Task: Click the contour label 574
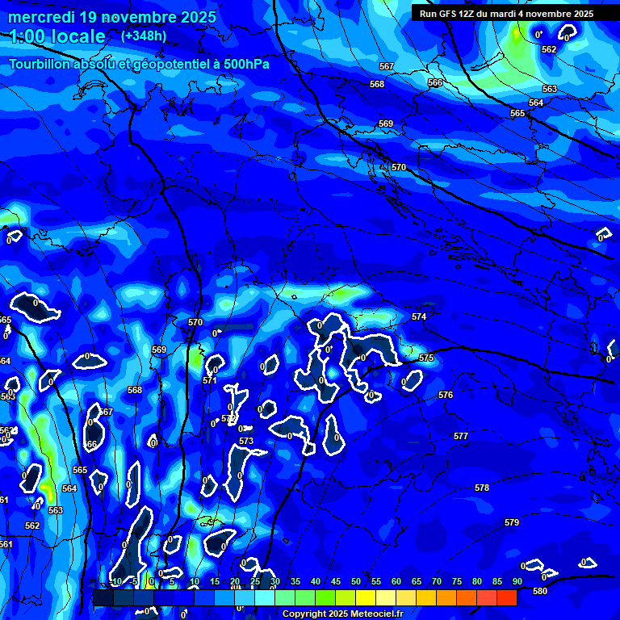tap(418, 317)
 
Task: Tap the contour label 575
tap(426, 358)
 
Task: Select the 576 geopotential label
tap(446, 395)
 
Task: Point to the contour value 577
tap(461, 436)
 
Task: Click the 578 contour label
tap(482, 488)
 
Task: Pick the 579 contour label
tap(512, 523)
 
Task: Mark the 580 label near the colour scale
tap(540, 591)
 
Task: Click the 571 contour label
tap(210, 379)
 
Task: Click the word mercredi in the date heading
tap(40, 16)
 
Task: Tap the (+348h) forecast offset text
tap(144, 36)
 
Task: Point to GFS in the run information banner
tap(448, 14)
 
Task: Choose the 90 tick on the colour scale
tap(517, 582)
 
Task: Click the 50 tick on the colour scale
tap(356, 582)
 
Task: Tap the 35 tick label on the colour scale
tap(295, 582)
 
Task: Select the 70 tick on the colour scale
tap(437, 582)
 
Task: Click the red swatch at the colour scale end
tap(507, 597)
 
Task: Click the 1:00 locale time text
tap(57, 36)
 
